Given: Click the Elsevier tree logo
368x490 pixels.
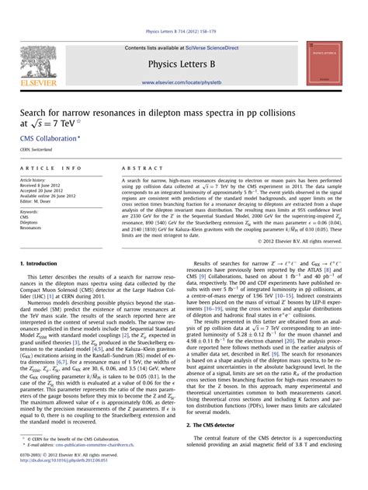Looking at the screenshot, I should click(x=39, y=61).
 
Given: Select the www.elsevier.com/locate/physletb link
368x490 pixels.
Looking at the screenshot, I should click(x=184, y=83).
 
